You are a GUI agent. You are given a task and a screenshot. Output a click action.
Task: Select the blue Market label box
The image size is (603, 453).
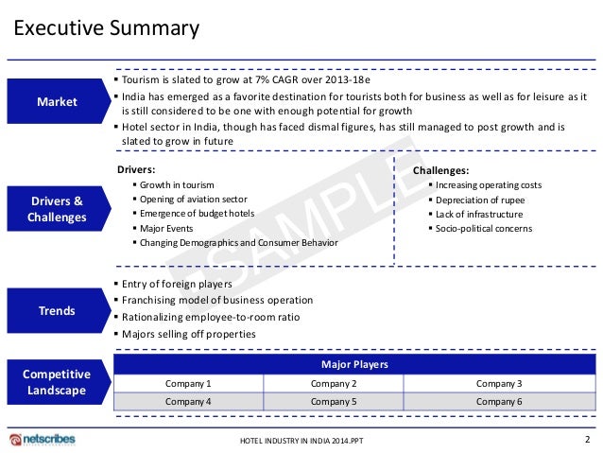pos(58,102)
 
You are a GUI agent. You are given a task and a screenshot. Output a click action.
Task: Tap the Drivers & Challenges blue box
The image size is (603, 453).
pos(58,209)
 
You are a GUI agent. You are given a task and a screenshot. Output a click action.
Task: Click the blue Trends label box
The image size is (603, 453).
pos(58,310)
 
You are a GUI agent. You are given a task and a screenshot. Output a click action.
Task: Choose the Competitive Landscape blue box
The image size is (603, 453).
pos(58,381)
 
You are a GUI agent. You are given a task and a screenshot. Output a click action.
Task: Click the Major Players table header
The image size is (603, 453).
pos(354,364)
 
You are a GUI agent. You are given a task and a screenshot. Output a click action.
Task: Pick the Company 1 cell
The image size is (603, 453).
pos(188,383)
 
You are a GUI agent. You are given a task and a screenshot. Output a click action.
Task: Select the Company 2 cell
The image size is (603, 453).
pos(334,383)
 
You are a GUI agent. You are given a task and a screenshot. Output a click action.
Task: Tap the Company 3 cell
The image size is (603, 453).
pos(499,383)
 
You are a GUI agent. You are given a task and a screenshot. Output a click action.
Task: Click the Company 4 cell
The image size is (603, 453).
pos(188,401)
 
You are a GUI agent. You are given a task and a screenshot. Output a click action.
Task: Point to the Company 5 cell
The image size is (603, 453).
pos(334,401)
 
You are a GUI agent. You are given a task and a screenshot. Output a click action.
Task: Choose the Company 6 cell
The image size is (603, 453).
pos(499,401)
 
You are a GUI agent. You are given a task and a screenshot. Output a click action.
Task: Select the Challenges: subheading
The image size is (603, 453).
pos(441,170)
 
